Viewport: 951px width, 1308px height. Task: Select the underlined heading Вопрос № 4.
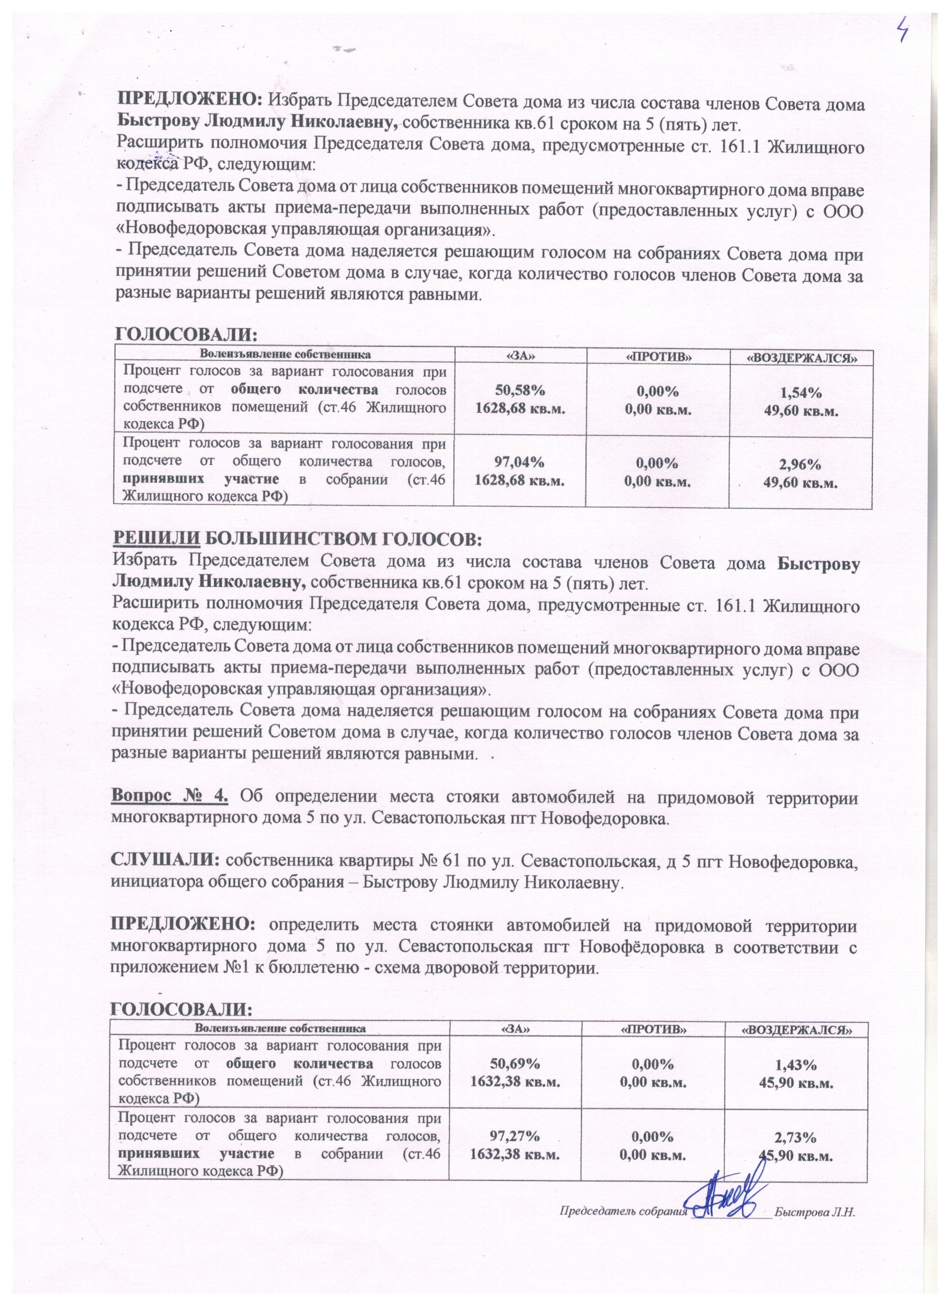[170, 797]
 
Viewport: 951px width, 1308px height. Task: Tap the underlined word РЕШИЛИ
[157, 539]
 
